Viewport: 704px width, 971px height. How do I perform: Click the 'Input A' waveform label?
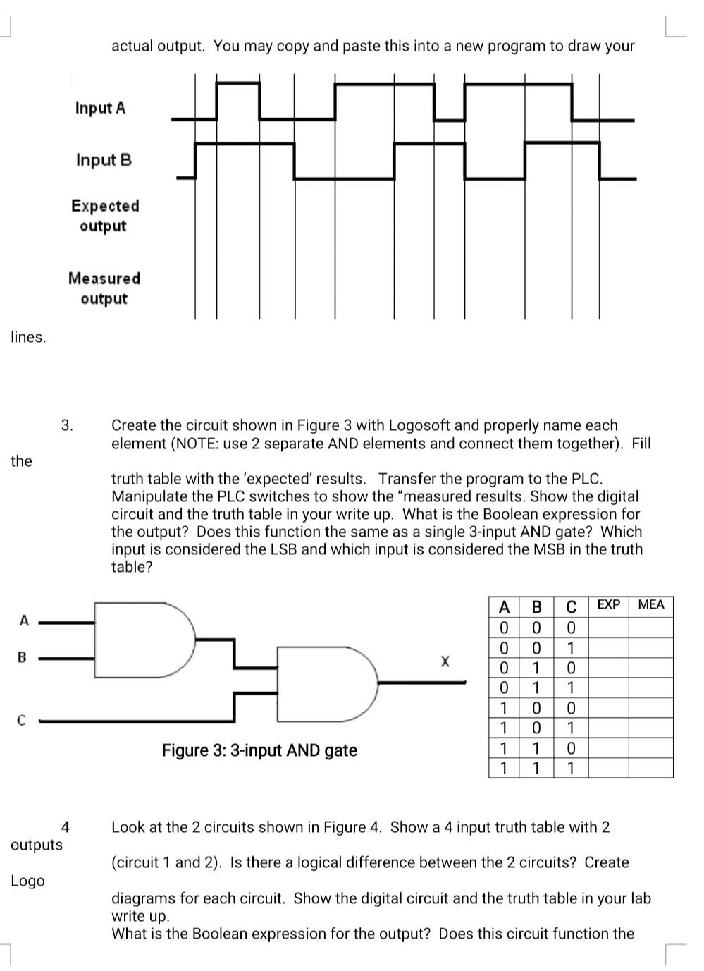point(100,108)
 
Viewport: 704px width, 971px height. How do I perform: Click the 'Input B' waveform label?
point(104,160)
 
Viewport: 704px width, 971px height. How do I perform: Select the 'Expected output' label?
point(104,216)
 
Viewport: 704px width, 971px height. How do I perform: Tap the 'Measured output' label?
point(104,288)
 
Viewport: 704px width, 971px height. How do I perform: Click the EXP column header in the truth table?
point(608,605)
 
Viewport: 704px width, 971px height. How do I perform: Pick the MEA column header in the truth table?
point(650,605)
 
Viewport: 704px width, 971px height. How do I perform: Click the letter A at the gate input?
point(24,621)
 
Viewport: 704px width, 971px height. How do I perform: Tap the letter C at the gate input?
point(22,721)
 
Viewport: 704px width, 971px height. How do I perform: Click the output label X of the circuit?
point(445,661)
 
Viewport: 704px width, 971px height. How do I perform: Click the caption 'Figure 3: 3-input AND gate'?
point(259,750)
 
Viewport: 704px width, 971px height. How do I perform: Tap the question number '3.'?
point(67,425)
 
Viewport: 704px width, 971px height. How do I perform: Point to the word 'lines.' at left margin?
point(28,337)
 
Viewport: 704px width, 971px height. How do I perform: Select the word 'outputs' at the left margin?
point(37,845)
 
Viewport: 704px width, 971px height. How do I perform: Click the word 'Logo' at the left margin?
point(27,881)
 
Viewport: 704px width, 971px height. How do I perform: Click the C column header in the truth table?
point(572,606)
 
